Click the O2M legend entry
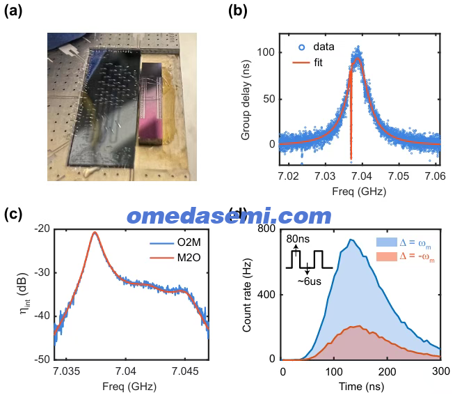175,242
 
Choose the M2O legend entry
175,258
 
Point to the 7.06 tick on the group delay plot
435,176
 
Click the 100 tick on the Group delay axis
266,52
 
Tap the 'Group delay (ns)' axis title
246,100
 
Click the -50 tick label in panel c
42,359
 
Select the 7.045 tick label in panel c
185,371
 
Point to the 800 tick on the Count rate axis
266,229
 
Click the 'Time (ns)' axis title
361,387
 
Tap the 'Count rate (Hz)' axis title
247,295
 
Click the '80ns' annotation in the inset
298,239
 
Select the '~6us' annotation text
310,281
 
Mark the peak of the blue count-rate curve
351,240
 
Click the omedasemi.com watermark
230,216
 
